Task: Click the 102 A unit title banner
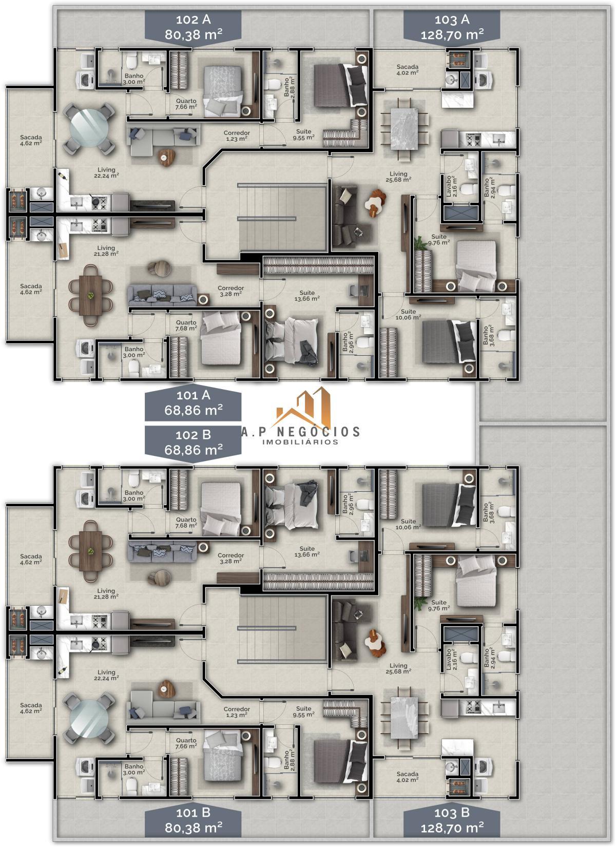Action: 193,27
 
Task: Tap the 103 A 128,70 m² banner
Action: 452,27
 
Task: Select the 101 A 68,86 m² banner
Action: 193,403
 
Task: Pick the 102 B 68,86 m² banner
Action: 193,443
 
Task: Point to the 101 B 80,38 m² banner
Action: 193,819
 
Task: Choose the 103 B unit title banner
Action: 452,819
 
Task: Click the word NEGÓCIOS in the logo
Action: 318,431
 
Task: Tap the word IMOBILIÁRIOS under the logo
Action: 300,441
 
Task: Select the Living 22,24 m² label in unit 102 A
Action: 106,172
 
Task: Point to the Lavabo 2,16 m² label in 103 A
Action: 452,186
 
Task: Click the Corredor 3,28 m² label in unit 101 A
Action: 230,291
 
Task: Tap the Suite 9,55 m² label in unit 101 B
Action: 304,711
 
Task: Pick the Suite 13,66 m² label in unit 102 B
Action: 307,551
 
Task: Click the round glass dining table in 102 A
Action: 89,128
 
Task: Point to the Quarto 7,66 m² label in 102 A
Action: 186,104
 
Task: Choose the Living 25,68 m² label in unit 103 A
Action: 398,177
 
